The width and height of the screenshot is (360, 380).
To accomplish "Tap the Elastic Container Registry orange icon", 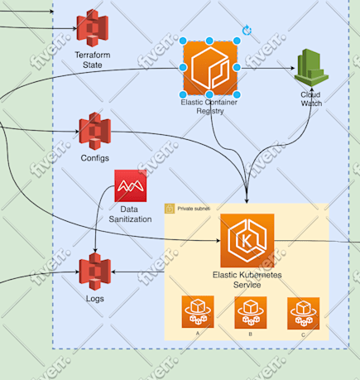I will pyautogui.click(x=209, y=68).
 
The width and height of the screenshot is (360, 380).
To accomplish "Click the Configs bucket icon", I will pyautogui.click(x=94, y=131).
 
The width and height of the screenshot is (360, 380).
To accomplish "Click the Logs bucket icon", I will pyautogui.click(x=94, y=272).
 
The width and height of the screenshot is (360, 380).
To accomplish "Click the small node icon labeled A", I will pyautogui.click(x=198, y=313).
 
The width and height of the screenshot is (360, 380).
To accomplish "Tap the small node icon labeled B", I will pyautogui.click(x=251, y=313).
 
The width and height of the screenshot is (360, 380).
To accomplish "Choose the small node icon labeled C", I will pyautogui.click(x=303, y=313).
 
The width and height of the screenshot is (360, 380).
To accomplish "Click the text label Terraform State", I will pyautogui.click(x=93, y=59).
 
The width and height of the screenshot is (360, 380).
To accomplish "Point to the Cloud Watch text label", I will pyautogui.click(x=311, y=99).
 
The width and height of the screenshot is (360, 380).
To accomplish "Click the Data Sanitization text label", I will pyautogui.click(x=130, y=215).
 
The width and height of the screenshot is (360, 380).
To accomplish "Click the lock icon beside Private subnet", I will pyautogui.click(x=170, y=209).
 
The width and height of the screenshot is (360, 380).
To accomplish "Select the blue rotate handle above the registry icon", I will pyautogui.click(x=247, y=30).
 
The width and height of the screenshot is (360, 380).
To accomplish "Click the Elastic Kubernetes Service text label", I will pyautogui.click(x=247, y=279).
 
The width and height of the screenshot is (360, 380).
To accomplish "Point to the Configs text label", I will pyautogui.click(x=94, y=157).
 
